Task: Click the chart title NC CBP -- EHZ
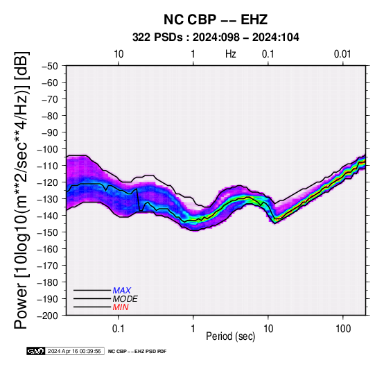(x=216, y=19)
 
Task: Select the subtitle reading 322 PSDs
(x=157, y=37)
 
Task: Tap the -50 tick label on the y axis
(x=50, y=66)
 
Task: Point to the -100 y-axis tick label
(x=48, y=149)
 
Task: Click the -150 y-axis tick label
(x=48, y=232)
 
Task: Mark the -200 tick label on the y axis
(x=48, y=316)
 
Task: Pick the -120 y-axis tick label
(x=48, y=182)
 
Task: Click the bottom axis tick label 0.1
(x=119, y=329)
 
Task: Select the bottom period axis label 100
(x=343, y=329)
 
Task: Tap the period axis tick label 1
(x=193, y=329)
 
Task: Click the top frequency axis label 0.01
(x=342, y=54)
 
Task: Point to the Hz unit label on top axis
(x=230, y=54)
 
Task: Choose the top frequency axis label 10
(x=119, y=54)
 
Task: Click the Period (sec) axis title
(x=230, y=336)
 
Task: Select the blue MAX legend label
(x=122, y=291)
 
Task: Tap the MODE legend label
(x=125, y=299)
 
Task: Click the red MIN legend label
(x=121, y=307)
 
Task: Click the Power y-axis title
(x=21, y=190)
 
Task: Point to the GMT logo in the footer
(x=36, y=351)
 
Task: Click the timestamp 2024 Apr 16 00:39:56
(x=74, y=351)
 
